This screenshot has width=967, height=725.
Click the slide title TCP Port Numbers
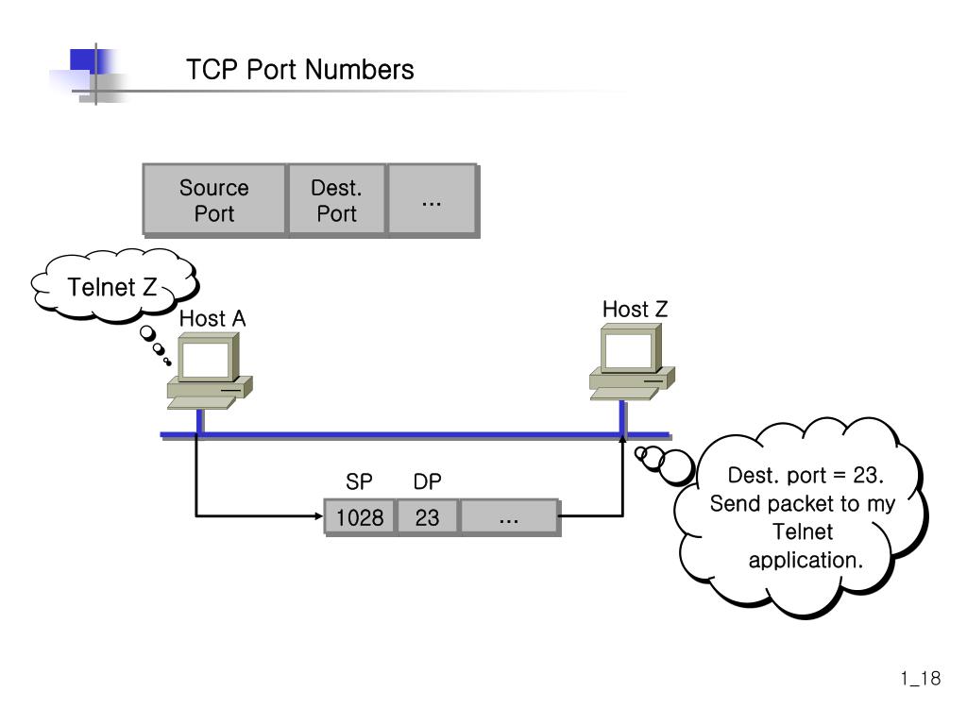coord(299,70)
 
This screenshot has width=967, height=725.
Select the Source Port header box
coord(214,200)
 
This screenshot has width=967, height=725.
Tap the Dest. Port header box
coord(336,200)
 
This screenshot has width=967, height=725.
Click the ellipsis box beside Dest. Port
coord(432,200)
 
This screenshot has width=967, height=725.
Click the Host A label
coord(212,319)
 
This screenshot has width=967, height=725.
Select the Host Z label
coord(635,310)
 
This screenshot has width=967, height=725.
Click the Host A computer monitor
coord(206,361)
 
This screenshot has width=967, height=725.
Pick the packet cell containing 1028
coord(359,518)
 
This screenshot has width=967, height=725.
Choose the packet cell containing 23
coord(428,518)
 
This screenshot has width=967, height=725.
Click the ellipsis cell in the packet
coord(509,518)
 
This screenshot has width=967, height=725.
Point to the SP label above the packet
coord(359,482)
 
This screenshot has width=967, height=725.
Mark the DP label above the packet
coord(428,482)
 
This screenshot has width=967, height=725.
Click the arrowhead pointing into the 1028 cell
coord(317,516)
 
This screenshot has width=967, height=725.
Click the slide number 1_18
coord(920,679)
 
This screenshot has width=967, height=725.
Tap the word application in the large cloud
coord(806,560)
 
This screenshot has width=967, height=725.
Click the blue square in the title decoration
coord(85,62)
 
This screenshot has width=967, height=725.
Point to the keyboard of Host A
coord(200,403)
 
